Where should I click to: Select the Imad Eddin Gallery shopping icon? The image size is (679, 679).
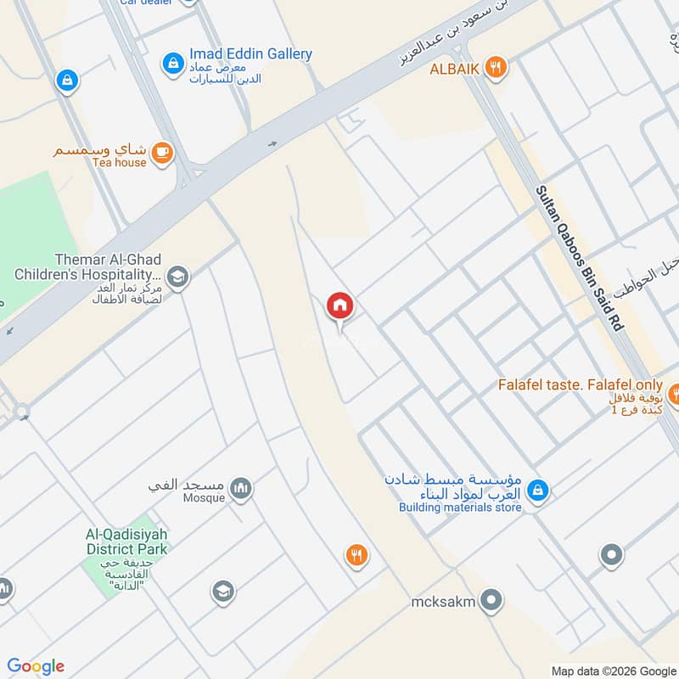173,62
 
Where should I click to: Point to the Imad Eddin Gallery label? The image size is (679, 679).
250,54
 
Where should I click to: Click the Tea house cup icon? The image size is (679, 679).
162,154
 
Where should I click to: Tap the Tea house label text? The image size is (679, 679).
119,162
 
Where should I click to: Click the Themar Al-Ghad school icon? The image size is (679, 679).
178,276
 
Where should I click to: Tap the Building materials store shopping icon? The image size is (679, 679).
536,491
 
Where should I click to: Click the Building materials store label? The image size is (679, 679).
460,508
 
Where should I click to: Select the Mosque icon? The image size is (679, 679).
241,489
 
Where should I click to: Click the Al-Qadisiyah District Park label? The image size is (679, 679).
126,542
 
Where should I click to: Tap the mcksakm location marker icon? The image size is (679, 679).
491,603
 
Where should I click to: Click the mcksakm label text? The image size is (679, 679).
442,603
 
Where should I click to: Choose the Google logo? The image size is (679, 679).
36,665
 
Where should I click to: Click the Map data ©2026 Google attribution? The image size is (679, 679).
613,670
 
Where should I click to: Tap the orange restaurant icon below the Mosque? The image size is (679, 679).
357,556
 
